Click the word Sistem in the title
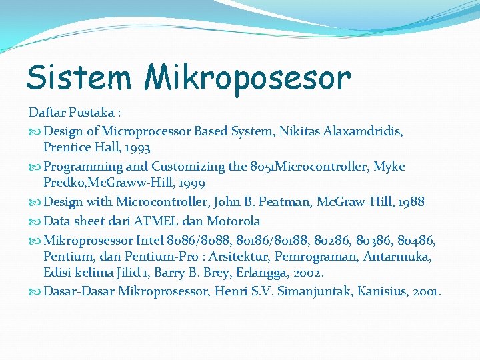pyautogui.click(x=78, y=77)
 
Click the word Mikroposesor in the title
pyautogui.click(x=247, y=79)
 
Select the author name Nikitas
pyautogui.click(x=298, y=131)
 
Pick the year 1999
pyautogui.click(x=189, y=183)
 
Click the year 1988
pyautogui.click(x=408, y=202)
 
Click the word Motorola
pyautogui.click(x=233, y=221)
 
